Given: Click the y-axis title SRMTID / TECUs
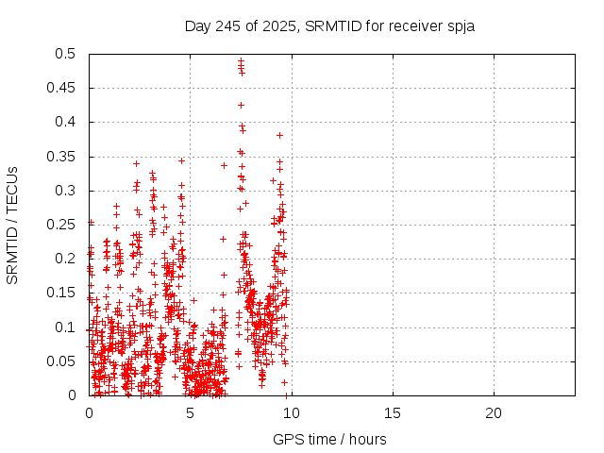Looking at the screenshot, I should click(12, 225).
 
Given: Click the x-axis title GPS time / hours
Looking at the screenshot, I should click(329, 439).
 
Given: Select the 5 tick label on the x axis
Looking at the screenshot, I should click(191, 412).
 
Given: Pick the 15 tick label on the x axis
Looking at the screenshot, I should click(392, 412).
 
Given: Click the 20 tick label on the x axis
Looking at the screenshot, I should click(493, 412).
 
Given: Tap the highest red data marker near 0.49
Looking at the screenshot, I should click(241, 61).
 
